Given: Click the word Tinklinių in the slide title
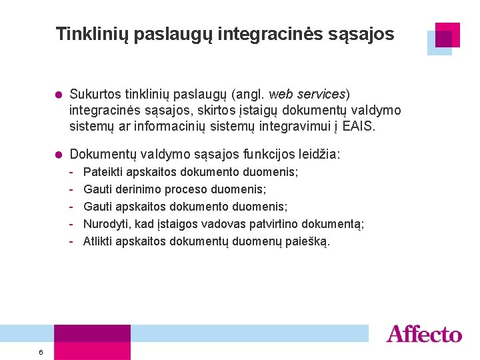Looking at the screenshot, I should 92,34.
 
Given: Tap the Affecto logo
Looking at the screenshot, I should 423,334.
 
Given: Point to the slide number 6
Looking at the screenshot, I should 41,352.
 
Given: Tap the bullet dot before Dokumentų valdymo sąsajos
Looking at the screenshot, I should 58,155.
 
